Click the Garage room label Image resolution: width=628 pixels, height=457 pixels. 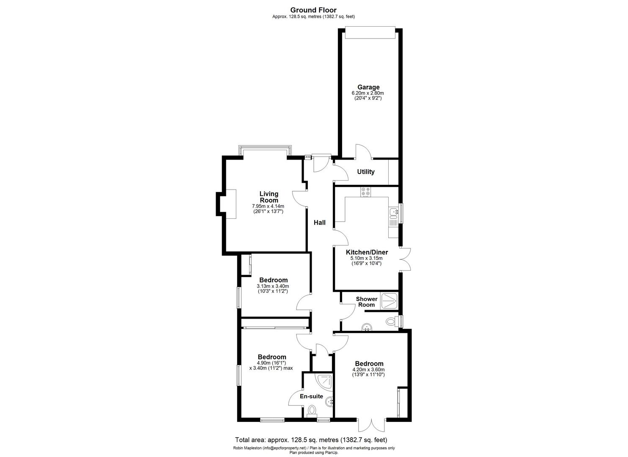[x=368, y=87]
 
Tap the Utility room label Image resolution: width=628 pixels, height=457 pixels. [x=366, y=172]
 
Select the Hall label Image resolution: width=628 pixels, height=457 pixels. [x=319, y=222]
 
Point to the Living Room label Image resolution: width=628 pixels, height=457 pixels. [x=269, y=197]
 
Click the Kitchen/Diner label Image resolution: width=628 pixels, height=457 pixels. [x=367, y=252]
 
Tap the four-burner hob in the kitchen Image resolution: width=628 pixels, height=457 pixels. [x=365, y=192]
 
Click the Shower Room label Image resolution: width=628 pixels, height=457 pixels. [x=366, y=302]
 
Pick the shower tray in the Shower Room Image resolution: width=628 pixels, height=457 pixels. [x=389, y=300]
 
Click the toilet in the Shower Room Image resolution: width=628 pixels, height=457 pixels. [x=392, y=322]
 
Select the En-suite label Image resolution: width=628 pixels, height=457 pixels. [x=311, y=396]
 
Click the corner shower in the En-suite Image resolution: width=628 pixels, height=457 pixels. [x=325, y=381]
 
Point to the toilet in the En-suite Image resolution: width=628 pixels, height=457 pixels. [x=312, y=410]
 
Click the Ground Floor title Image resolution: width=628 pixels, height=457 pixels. [x=313, y=10]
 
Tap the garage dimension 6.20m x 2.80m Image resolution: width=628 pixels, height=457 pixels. [x=368, y=93]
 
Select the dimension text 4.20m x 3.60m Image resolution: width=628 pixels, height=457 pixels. [x=369, y=369]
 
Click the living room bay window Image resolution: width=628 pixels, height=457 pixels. [x=265, y=151]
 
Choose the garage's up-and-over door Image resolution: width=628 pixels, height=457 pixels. [x=370, y=33]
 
